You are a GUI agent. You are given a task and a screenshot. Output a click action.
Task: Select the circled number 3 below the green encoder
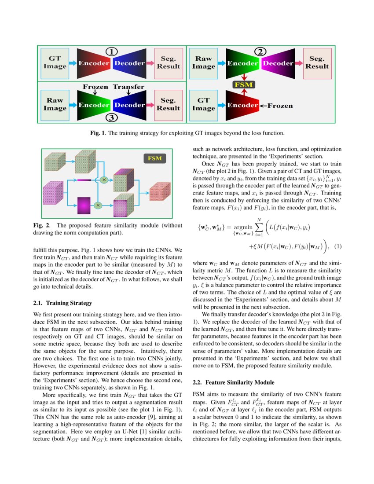coord(112,117)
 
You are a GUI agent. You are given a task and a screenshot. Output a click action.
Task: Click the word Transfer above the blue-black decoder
coord(128,87)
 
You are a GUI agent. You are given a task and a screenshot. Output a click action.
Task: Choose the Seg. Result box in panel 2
coord(317,62)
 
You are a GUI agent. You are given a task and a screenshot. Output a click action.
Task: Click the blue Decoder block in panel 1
coord(129,63)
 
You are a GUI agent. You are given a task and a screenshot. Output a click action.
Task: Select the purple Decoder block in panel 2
coord(278,63)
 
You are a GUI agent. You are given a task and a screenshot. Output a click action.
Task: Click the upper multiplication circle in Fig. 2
coord(104,180)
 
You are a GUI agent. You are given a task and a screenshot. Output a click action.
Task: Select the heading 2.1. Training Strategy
coord(63,303)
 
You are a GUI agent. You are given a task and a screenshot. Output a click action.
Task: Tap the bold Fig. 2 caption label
coord(41,225)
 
